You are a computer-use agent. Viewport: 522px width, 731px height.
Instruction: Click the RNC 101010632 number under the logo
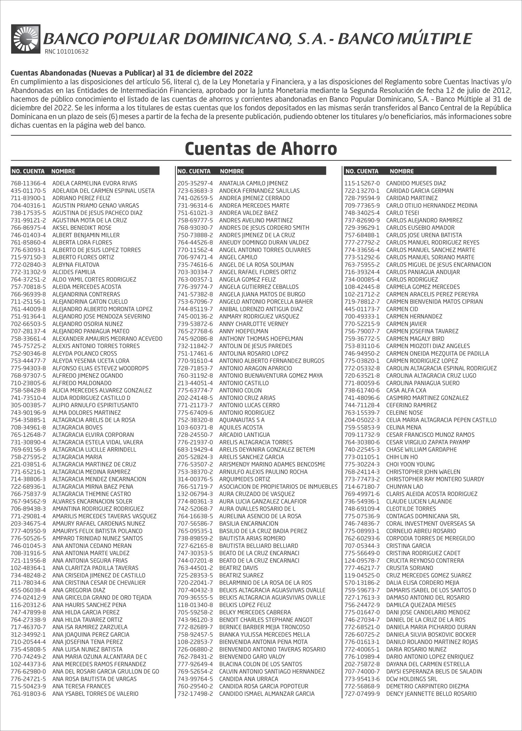pos(66,52)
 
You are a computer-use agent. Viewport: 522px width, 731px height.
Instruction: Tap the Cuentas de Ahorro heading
pos(261,149)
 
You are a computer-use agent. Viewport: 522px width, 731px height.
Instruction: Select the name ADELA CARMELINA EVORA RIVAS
pos(95,183)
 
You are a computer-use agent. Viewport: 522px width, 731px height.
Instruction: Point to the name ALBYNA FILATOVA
pos(76,265)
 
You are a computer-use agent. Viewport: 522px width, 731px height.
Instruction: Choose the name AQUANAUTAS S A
pos(242,420)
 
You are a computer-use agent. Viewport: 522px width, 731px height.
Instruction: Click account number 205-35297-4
pos(195,183)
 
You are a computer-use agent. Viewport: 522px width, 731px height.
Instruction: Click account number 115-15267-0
pos(362,183)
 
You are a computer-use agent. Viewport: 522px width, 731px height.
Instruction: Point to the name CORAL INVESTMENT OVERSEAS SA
pos(430,524)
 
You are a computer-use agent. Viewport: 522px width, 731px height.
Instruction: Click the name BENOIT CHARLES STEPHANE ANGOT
pos(266,620)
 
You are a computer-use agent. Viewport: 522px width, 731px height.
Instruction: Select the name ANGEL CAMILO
pos(238,257)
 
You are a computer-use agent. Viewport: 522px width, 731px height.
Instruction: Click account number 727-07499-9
pos(362,694)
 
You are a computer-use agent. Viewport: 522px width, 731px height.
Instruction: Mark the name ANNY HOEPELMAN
pos(244,331)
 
